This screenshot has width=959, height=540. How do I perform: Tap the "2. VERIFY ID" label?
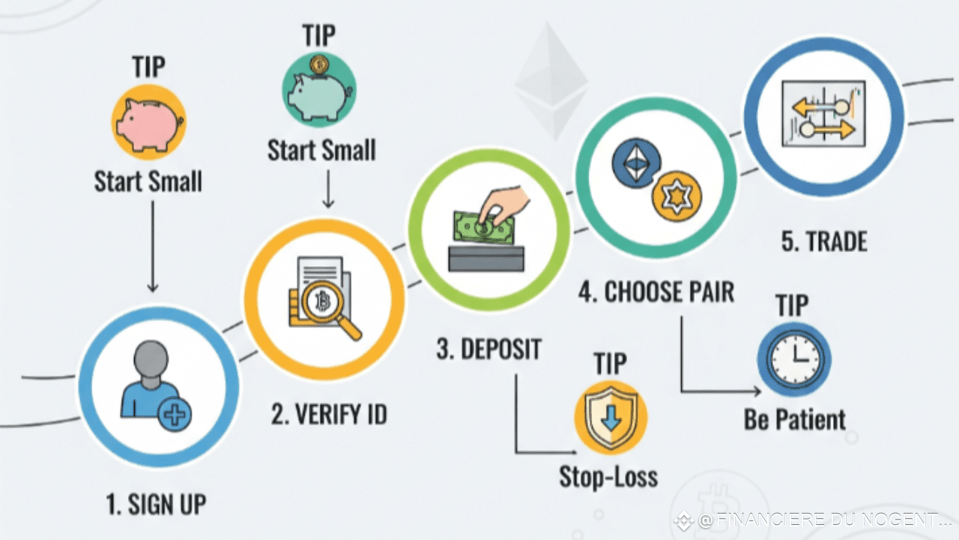pyautogui.click(x=329, y=414)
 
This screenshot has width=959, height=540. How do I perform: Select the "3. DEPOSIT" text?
pyautogui.click(x=488, y=349)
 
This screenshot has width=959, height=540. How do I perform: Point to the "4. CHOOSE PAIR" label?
pyautogui.click(x=656, y=292)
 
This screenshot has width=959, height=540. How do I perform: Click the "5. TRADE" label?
pyautogui.click(x=824, y=242)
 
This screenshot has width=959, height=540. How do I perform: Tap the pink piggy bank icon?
pyautogui.click(x=148, y=122)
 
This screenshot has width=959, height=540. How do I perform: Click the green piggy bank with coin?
pyautogui.click(x=318, y=90)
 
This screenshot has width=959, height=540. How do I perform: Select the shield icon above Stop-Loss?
pyautogui.click(x=611, y=418)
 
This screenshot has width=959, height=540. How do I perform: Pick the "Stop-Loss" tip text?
pyautogui.click(x=608, y=476)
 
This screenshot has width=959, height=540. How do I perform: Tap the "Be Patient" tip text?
pyautogui.click(x=794, y=419)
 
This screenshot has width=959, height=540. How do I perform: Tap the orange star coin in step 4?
pyautogui.click(x=676, y=196)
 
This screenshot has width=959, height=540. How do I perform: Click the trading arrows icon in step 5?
pyautogui.click(x=823, y=115)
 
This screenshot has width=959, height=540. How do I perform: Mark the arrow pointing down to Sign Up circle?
pyautogui.click(x=152, y=247)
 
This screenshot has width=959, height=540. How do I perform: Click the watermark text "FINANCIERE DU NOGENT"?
pyautogui.click(x=824, y=520)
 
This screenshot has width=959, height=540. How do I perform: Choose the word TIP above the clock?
pyautogui.click(x=792, y=306)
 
